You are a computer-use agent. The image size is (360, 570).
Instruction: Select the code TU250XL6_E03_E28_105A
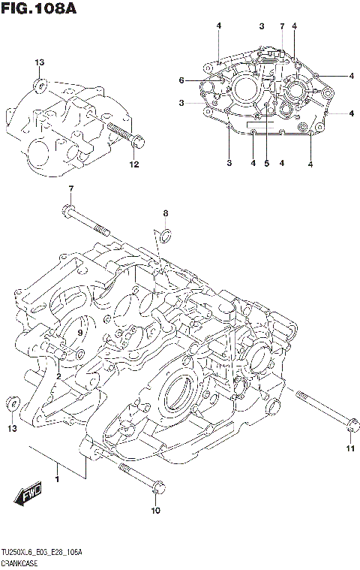[x=42, y=552]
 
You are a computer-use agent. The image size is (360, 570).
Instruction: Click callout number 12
[x=133, y=164]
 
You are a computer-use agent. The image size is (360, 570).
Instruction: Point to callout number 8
[x=166, y=213]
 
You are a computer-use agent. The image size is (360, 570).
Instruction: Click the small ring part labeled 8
[x=166, y=238]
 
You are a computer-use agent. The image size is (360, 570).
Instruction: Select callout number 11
[x=349, y=449]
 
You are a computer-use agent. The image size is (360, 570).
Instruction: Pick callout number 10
[x=156, y=511]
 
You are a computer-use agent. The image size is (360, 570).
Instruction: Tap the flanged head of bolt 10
[x=156, y=488]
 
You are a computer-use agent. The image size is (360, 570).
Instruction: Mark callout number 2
[x=58, y=375]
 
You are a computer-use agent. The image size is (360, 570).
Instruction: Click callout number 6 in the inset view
[x=181, y=80]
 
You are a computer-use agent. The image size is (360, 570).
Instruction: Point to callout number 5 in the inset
[x=265, y=163]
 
